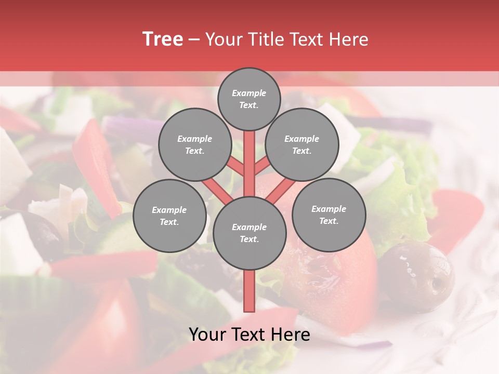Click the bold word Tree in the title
pyautogui.click(x=163, y=39)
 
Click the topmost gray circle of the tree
pyautogui.click(x=249, y=99)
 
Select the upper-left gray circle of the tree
pyautogui.click(x=195, y=145)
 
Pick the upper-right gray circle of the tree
pyautogui.click(x=302, y=145)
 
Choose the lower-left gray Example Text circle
pyautogui.click(x=169, y=216)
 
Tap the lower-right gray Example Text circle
pyautogui.click(x=329, y=215)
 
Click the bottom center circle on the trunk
pyautogui.click(x=249, y=233)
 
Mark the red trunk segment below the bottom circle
pyautogui.click(x=249, y=291)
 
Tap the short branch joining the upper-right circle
pyautogui.click(x=262, y=166)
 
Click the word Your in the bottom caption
pyautogui.click(x=207, y=335)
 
